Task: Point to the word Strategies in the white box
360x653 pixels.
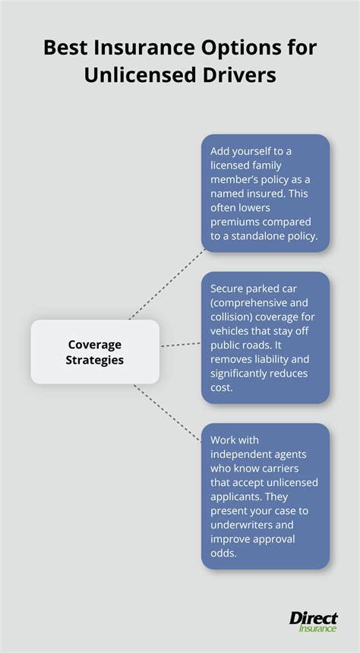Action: (x=95, y=360)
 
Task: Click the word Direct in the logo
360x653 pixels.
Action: (x=314, y=618)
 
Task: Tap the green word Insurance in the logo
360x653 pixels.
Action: (x=317, y=628)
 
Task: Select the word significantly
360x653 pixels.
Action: (x=235, y=373)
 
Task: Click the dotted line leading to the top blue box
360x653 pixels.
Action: (x=167, y=285)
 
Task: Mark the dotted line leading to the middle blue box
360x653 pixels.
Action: (x=181, y=345)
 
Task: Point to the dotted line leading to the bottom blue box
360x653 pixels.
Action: (x=167, y=413)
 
